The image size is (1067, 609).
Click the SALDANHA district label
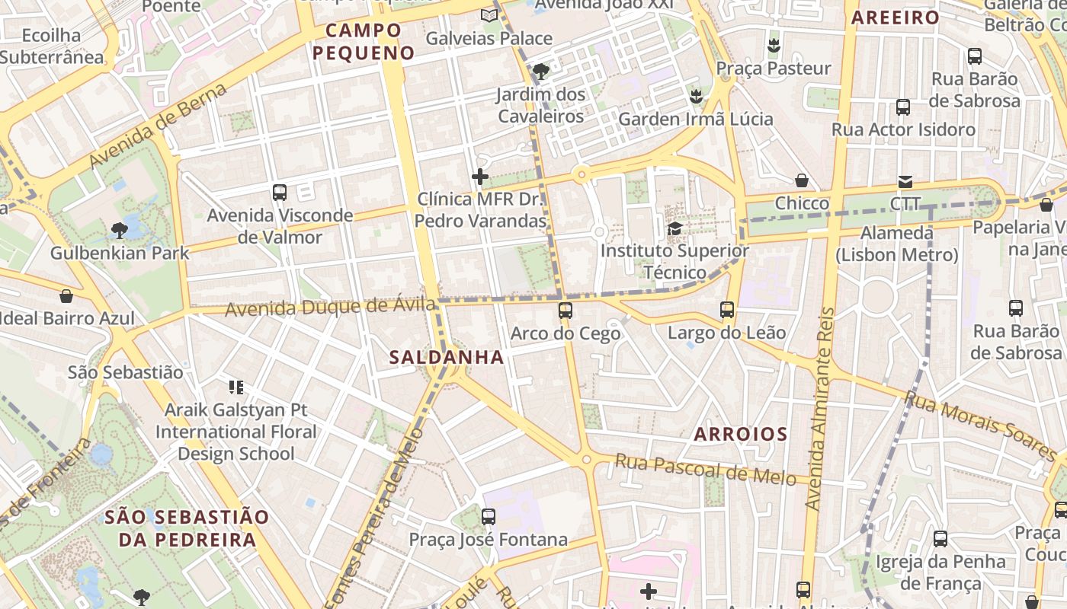tap(447, 357)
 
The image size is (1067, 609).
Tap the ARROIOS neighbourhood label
tap(740, 435)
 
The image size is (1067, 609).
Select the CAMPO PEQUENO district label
tap(364, 42)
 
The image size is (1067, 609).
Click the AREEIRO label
tap(895, 18)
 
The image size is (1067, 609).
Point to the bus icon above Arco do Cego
tap(565, 311)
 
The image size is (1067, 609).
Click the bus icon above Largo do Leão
tap(727, 310)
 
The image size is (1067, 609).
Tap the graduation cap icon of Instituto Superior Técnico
tap(674, 228)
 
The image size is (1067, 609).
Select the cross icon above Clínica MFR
tap(480, 177)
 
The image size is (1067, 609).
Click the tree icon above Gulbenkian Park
tap(119, 230)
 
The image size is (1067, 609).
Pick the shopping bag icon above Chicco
tap(802, 180)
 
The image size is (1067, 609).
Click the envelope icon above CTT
tap(905, 181)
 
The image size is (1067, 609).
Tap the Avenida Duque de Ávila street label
tap(330, 308)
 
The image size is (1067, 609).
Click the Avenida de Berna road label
tap(158, 126)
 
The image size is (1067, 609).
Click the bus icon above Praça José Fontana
tap(489, 517)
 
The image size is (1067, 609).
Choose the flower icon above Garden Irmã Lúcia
tap(695, 97)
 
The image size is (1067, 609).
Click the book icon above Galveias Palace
tap(489, 15)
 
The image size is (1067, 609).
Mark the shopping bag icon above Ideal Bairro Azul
tap(66, 296)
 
